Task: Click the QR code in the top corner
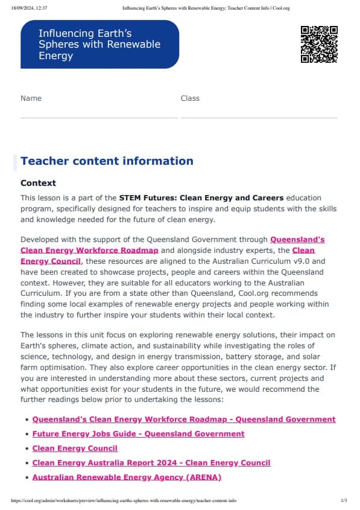319,44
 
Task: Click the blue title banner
99,44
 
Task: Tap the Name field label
31,98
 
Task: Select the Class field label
190,98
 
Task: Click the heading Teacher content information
107,161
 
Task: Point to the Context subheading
38,183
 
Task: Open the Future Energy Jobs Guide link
138,434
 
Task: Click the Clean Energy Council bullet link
75,448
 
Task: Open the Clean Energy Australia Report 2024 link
151,463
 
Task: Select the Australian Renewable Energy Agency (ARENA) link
127,477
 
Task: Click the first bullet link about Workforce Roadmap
183,419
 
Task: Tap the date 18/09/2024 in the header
21,8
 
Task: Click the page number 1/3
344,501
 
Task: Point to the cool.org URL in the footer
124,501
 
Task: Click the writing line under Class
259,117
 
